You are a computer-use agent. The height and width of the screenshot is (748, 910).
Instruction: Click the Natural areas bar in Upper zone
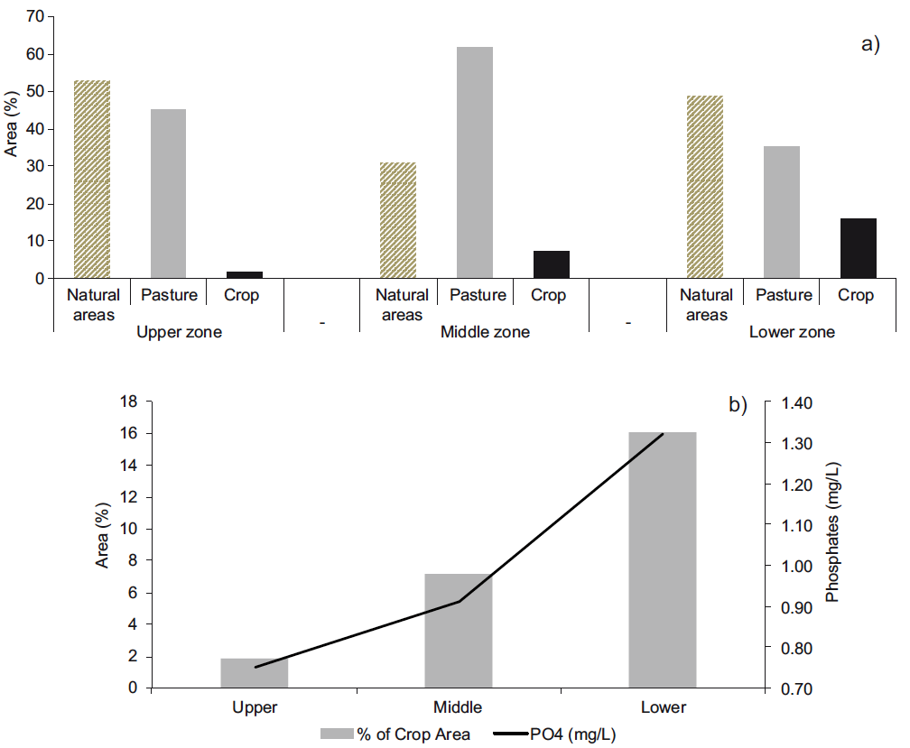(x=92, y=180)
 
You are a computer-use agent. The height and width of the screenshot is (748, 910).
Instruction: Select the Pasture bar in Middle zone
(x=475, y=162)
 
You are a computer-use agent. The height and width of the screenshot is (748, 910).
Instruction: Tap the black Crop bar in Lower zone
(x=858, y=248)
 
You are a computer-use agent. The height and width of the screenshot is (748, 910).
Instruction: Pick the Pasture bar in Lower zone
(x=781, y=212)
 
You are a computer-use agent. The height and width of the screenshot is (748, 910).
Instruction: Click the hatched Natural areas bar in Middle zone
(x=398, y=220)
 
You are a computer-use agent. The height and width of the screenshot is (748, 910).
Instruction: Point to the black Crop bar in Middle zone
(x=552, y=264)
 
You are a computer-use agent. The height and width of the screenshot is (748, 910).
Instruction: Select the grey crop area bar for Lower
(x=663, y=560)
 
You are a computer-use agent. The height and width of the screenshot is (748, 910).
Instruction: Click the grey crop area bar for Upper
(x=255, y=673)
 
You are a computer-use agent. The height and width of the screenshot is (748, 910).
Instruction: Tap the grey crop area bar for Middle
(x=459, y=631)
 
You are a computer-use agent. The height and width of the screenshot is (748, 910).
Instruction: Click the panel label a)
(x=870, y=44)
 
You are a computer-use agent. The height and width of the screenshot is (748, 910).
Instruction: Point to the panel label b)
(x=738, y=404)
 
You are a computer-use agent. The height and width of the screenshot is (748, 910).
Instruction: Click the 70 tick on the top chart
(x=35, y=16)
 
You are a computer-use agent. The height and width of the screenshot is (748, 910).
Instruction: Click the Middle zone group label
(x=485, y=332)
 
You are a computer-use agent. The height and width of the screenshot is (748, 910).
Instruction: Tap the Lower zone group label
(x=792, y=332)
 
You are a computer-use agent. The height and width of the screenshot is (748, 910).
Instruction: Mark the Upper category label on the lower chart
(x=255, y=706)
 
